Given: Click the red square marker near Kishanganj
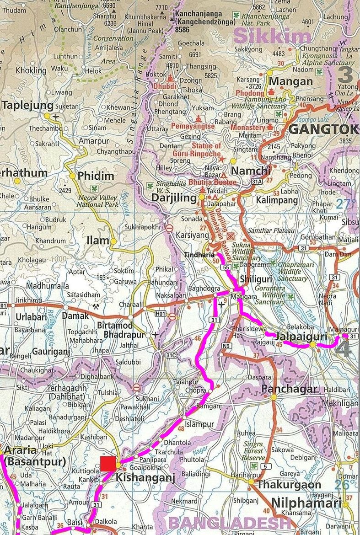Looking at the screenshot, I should (x=108, y=463).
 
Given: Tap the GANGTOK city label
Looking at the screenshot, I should (x=323, y=129).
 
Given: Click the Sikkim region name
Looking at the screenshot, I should (x=273, y=37).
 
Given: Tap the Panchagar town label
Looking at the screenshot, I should (x=289, y=389).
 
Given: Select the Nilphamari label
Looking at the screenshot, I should (x=306, y=503).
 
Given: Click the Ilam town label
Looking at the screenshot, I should (x=98, y=240).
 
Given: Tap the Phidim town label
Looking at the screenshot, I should (x=96, y=176).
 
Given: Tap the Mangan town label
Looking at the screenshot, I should (x=291, y=81).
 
